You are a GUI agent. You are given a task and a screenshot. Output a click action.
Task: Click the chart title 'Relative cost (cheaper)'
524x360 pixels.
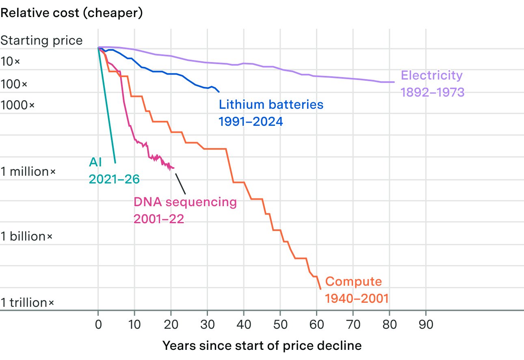point(71,13)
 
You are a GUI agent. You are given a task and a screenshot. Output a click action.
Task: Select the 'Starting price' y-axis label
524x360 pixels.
point(42,41)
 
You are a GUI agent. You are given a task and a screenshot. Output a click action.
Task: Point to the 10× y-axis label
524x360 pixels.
point(10,61)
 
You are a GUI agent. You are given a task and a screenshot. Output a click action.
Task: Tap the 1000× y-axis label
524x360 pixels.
point(17,105)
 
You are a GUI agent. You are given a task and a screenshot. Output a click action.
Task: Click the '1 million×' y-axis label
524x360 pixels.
point(28,172)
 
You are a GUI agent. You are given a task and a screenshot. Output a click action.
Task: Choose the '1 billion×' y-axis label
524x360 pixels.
point(26,236)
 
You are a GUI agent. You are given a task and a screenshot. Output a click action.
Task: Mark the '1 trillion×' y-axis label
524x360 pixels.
point(27,303)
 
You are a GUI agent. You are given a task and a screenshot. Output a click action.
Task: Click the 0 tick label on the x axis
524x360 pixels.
point(98,324)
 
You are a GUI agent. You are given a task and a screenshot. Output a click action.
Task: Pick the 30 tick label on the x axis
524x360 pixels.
point(208,324)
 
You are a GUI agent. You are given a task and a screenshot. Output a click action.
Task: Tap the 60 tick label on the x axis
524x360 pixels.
point(316,324)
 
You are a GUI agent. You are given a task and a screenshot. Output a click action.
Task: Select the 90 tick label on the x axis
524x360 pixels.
point(426,324)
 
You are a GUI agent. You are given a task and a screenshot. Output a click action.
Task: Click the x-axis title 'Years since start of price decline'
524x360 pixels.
point(262,346)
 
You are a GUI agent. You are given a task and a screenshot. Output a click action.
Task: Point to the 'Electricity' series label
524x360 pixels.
point(432,75)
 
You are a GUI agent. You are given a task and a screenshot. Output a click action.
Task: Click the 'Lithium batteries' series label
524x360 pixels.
point(271,104)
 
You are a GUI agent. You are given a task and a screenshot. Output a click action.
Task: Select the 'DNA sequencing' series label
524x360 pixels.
point(185,202)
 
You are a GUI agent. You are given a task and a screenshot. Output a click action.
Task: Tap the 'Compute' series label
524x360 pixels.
point(353,282)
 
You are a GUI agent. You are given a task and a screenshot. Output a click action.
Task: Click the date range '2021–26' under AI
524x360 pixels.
point(114,179)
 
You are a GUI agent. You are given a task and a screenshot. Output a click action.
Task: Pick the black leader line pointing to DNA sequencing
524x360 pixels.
point(180,184)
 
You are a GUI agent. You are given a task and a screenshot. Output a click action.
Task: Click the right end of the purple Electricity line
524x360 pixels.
point(394,82)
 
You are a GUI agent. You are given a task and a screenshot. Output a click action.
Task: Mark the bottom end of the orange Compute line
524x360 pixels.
point(320,289)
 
